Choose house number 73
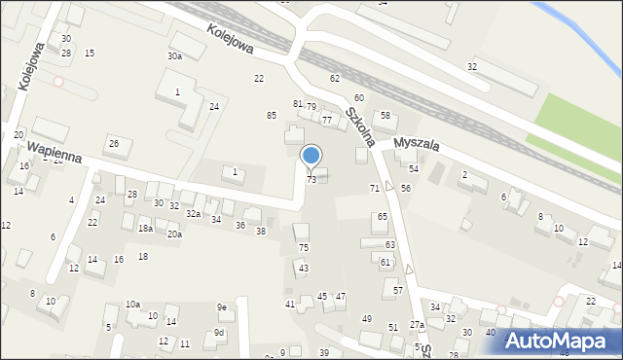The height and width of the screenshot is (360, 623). (311, 180)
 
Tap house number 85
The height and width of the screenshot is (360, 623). (272, 116)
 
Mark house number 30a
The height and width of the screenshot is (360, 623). (174, 56)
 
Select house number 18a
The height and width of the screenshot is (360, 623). (145, 228)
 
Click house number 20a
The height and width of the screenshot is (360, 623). (174, 234)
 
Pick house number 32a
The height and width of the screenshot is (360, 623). (194, 214)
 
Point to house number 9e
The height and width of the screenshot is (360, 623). (222, 307)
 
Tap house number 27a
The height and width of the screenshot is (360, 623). (416, 324)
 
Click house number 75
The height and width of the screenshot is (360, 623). (303, 248)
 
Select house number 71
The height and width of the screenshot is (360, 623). (374, 187)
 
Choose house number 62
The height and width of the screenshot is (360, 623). (335, 78)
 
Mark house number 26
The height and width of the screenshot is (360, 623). (113, 144)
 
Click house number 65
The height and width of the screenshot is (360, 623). (383, 216)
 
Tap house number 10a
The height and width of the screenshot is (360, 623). (132, 305)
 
